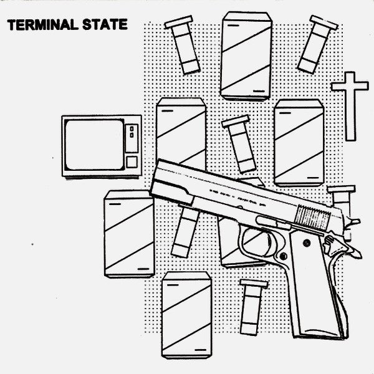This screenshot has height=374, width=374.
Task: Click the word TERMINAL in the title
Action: (x=42, y=26)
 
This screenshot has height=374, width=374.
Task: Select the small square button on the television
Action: (x=132, y=161)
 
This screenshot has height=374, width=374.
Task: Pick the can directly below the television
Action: (x=129, y=233)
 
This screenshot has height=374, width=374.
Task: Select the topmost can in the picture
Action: (x=246, y=55)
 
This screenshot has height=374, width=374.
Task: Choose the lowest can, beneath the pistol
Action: (x=186, y=315)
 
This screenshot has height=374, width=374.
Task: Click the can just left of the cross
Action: (x=299, y=142)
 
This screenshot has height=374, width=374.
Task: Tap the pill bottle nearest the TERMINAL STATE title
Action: (x=183, y=45)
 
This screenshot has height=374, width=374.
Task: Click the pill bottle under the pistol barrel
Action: (x=185, y=231)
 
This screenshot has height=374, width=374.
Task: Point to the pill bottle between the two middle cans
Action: (x=240, y=143)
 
